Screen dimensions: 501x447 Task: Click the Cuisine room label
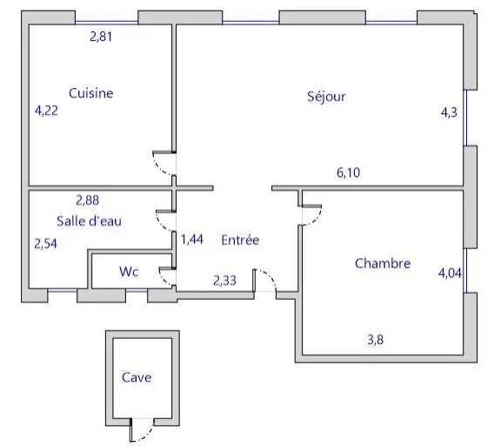91,93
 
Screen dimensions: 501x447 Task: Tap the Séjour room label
326,97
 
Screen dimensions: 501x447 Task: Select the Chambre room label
383,263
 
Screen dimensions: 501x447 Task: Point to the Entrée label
240,240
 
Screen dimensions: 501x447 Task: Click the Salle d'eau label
89,221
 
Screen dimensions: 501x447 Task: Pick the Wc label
129,272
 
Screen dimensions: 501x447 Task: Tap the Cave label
137,377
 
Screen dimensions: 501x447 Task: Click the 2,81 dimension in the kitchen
101,37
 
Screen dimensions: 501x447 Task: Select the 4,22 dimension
46,111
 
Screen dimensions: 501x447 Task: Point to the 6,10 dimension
348,173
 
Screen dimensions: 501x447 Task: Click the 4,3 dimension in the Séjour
449,112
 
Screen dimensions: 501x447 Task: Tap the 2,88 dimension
87,200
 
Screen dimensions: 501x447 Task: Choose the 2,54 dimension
46,244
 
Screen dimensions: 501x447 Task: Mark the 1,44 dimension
192,240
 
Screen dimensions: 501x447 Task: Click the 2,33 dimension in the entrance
225,281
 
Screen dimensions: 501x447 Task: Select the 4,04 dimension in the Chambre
450,273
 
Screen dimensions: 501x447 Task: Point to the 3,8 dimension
376,340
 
